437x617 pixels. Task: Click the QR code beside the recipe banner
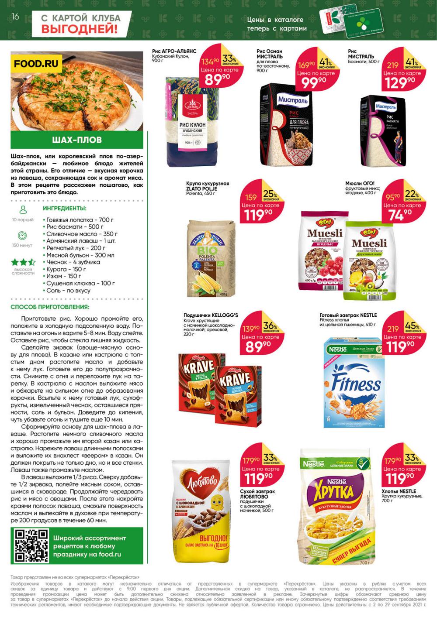[31, 545]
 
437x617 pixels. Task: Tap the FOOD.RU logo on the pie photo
[36, 64]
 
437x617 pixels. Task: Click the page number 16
[15, 17]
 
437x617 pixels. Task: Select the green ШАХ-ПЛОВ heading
[77, 140]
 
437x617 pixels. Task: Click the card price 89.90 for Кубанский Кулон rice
[217, 79]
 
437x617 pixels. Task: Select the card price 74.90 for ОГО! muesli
[400, 215]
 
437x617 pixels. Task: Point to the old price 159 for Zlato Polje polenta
[251, 197]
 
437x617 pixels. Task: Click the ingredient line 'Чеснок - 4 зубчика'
[73, 262]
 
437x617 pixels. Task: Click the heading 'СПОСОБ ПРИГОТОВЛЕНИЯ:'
[50, 307]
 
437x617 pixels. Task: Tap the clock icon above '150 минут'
[22, 236]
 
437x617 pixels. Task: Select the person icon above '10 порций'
[23, 210]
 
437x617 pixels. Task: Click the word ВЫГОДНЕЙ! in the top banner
[80, 29]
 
